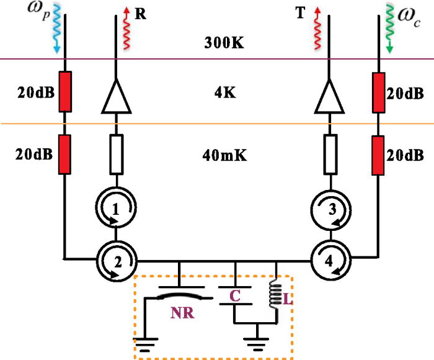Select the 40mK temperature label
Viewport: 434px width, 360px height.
click(224, 156)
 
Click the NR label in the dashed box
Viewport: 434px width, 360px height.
click(182, 313)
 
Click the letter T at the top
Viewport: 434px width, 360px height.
click(301, 14)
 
